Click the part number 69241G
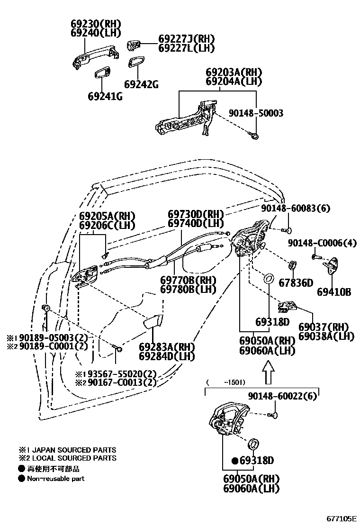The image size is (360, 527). (x=105, y=97)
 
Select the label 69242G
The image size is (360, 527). (x=141, y=84)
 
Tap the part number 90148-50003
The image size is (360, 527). (x=256, y=113)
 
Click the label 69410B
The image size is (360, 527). (x=334, y=292)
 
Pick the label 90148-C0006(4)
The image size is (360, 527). (x=322, y=243)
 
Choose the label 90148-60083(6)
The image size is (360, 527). (x=296, y=209)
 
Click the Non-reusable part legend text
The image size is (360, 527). (x=56, y=478)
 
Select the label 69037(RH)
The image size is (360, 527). (x=324, y=327)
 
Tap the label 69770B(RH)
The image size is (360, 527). (x=181, y=280)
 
